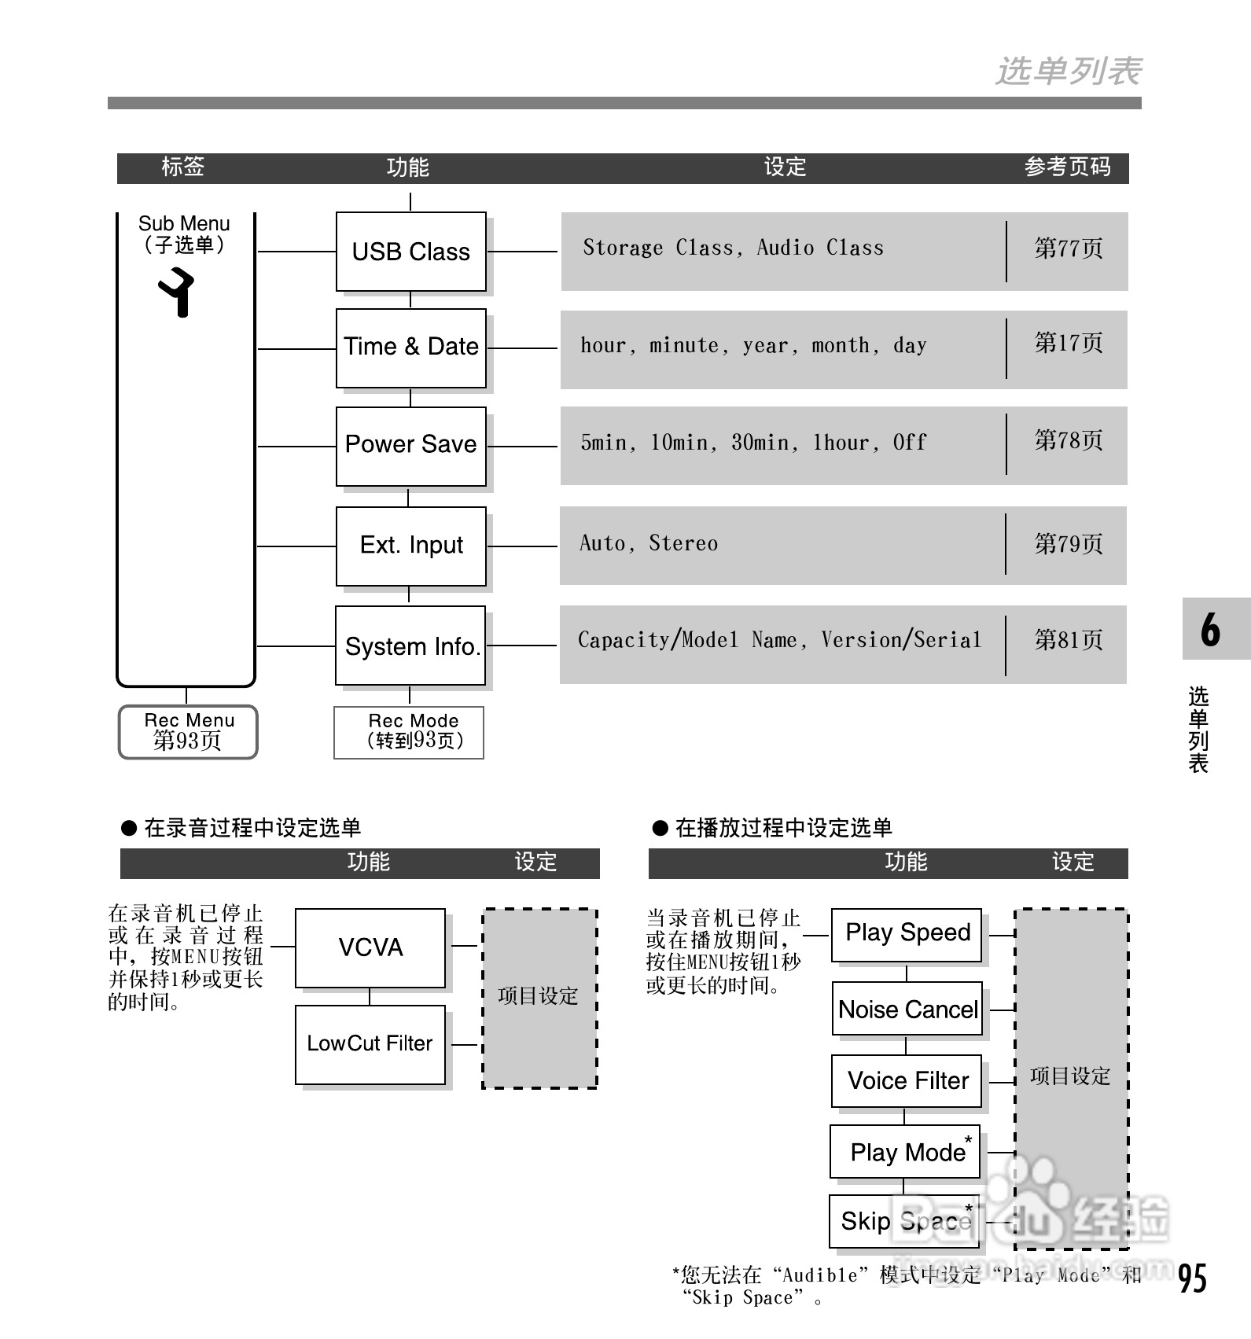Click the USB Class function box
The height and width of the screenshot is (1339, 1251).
click(410, 252)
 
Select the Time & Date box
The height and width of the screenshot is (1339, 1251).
click(410, 348)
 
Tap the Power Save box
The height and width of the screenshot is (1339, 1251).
click(410, 445)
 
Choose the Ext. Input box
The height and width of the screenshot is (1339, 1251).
click(410, 546)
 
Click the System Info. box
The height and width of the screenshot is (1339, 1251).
click(410, 646)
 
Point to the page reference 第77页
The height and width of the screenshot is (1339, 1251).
click(1068, 248)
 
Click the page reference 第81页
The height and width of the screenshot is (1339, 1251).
click(1068, 640)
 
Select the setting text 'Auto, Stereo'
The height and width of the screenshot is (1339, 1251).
click(649, 543)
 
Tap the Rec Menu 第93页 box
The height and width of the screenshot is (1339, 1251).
click(188, 731)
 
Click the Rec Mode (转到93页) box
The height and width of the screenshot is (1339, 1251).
click(409, 732)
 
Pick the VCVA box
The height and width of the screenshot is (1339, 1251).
click(370, 947)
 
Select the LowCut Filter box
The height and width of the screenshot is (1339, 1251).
click(370, 1044)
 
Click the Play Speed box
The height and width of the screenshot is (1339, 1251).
click(907, 933)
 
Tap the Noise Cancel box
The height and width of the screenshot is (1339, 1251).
click(907, 1010)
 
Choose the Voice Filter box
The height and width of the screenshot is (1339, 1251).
click(907, 1081)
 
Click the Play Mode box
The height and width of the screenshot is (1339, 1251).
click(906, 1152)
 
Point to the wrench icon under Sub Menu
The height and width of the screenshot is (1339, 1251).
click(178, 292)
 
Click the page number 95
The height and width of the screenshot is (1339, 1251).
click(1192, 1278)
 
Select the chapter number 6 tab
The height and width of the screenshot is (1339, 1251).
click(1211, 629)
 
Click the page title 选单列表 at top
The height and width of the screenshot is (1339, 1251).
click(1069, 72)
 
